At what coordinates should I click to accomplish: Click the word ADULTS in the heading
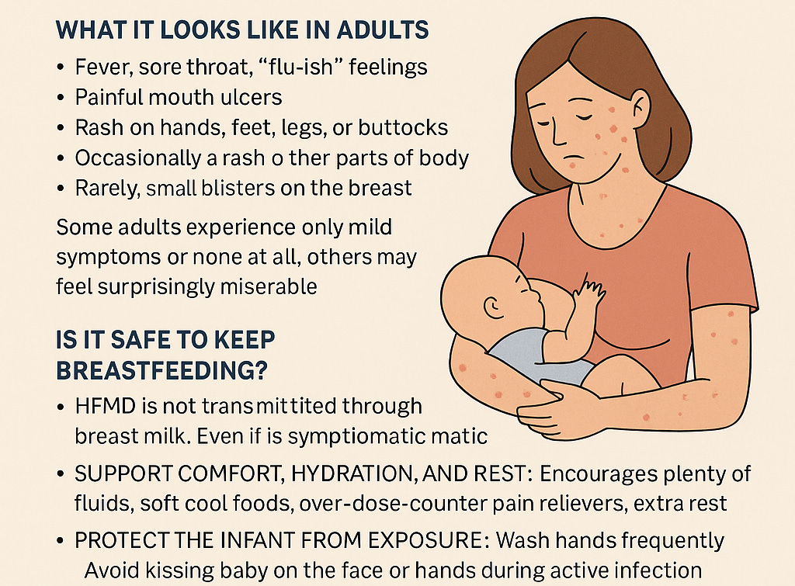tap(383, 30)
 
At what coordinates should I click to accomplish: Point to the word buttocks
tap(403, 128)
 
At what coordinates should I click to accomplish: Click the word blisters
tap(238, 188)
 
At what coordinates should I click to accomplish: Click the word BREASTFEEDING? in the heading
tap(161, 370)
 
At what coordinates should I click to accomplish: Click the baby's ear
tap(491, 306)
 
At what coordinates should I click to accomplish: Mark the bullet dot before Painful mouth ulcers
tap(61, 98)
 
